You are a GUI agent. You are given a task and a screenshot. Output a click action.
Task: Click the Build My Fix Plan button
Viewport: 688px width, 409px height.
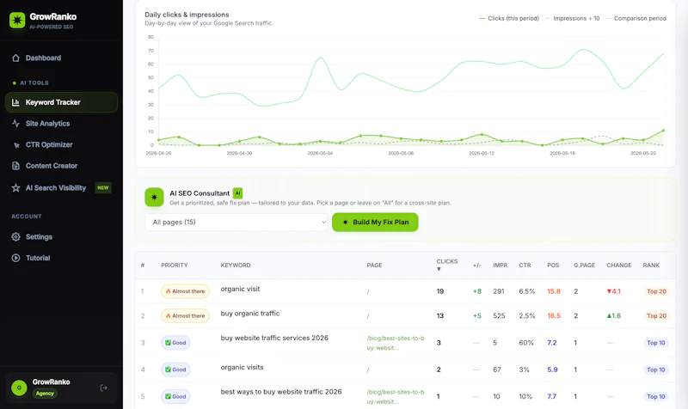pos(375,223)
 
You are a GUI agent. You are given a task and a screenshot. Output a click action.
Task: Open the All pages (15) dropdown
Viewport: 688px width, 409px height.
pos(236,223)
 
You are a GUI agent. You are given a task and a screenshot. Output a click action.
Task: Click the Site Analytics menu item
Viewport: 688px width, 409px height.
pos(47,124)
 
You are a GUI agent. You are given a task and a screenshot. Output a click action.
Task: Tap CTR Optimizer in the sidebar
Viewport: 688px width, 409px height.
pos(49,144)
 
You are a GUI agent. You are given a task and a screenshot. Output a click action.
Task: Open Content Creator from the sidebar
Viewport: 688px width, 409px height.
pos(52,166)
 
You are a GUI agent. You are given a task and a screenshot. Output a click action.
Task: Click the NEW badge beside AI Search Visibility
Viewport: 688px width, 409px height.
pos(103,187)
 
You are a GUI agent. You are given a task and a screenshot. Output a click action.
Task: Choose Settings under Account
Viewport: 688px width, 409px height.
pos(39,236)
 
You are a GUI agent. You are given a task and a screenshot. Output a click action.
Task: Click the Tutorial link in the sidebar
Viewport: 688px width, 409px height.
pos(38,258)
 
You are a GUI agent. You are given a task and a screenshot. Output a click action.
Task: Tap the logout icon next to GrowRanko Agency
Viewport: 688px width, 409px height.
pos(103,388)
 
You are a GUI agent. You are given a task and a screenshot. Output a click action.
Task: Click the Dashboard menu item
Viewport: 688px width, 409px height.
pos(43,58)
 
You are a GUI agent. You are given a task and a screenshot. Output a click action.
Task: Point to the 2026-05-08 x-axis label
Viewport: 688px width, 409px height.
pos(401,154)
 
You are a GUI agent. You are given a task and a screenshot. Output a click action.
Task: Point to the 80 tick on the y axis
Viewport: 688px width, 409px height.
pos(151,37)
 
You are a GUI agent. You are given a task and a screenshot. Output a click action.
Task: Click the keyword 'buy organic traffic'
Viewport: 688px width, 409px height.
pos(250,314)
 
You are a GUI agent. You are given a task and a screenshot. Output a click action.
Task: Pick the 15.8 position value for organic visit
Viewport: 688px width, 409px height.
pos(554,291)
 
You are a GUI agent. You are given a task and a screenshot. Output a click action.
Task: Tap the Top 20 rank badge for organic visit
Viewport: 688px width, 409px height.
pos(656,291)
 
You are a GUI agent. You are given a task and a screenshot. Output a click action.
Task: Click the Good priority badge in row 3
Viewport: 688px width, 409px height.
pos(175,343)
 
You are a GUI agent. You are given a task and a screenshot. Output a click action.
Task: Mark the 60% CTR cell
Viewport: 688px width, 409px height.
pos(526,343)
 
